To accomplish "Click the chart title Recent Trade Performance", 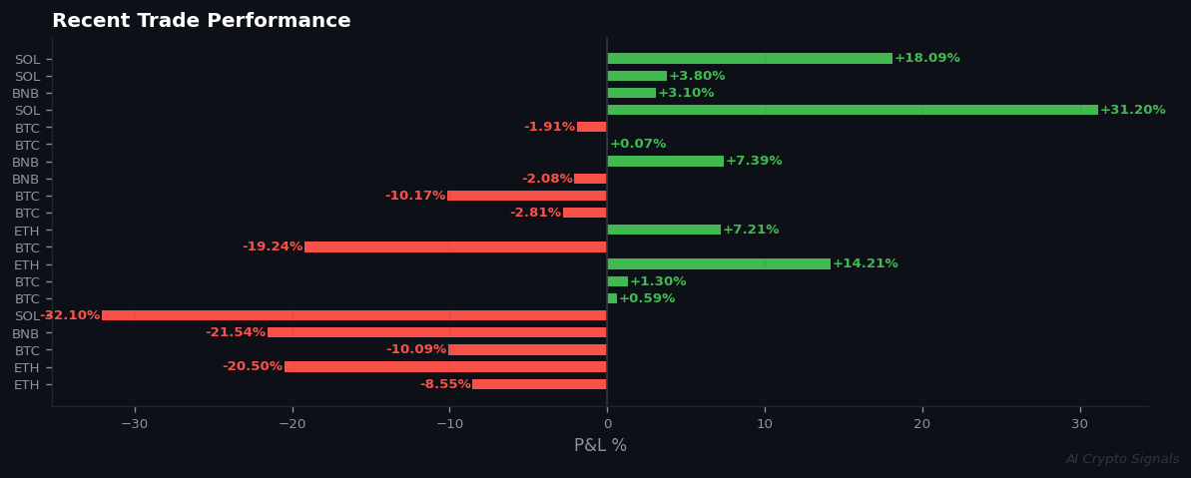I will point(201,21).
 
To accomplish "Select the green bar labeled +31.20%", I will point(852,110).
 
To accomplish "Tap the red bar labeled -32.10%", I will point(353,315).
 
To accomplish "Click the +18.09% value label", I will point(926,59).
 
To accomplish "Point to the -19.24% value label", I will point(272,246).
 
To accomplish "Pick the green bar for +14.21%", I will point(718,264).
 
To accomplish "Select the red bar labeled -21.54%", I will point(436,332).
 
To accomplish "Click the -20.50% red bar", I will point(445,367).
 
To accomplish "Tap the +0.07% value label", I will point(637,145).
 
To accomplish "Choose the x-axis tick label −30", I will point(134,424).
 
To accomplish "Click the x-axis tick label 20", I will point(921,424).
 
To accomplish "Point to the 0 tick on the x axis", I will point(607,424).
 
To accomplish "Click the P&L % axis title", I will point(600,446).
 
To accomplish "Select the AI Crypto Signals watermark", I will point(1121,460).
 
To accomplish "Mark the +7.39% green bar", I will point(665,162).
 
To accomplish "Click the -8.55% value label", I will point(444,384).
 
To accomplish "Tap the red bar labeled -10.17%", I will point(526,196).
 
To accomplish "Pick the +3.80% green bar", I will point(637,76).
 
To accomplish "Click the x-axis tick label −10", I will point(449,424).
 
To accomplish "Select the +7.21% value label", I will point(750,231).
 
